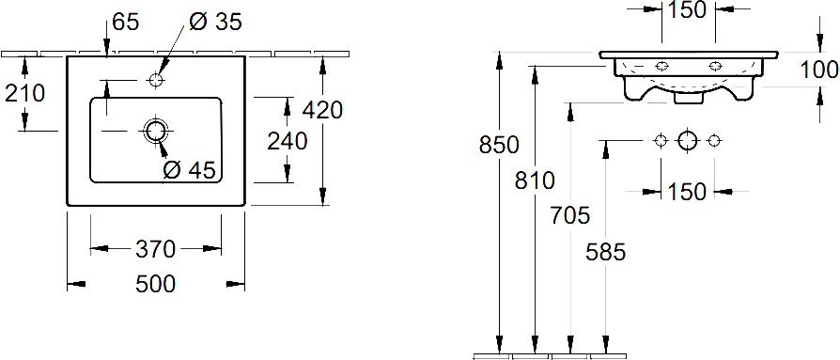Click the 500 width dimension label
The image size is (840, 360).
click(x=155, y=284)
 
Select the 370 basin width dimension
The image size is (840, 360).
click(x=155, y=249)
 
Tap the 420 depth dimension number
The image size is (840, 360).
click(x=322, y=110)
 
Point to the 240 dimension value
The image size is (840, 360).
click(x=288, y=141)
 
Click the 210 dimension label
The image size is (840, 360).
click(x=24, y=94)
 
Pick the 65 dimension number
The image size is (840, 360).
click(x=126, y=22)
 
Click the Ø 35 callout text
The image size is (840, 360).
click(x=215, y=22)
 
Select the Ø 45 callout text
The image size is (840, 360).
click(x=189, y=170)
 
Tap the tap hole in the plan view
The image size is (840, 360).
click(x=156, y=80)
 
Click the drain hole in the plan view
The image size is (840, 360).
click(x=156, y=131)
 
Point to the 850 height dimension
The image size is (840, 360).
click(x=499, y=145)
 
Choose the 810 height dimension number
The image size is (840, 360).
click(x=535, y=180)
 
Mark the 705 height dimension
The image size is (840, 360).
click(x=570, y=215)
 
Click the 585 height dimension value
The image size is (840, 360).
click(x=606, y=251)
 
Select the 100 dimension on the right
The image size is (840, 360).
click(x=819, y=70)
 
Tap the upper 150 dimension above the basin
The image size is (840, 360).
click(x=688, y=9)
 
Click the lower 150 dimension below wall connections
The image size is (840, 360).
click(x=688, y=191)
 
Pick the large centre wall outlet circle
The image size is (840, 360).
click(x=688, y=140)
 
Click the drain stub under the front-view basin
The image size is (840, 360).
click(x=688, y=99)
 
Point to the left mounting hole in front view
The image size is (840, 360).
click(x=662, y=66)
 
